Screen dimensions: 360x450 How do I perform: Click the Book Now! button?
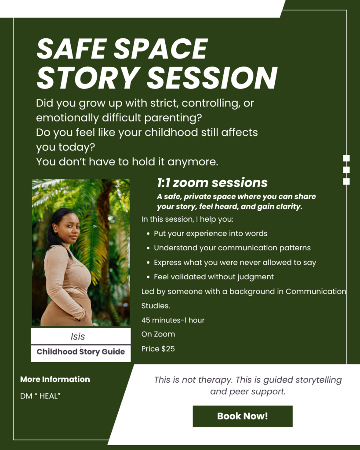tap(242, 416)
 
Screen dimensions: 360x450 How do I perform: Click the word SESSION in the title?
tap(212, 78)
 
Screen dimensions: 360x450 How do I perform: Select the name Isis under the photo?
tap(78, 337)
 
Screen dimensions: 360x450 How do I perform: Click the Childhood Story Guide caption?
tap(80, 352)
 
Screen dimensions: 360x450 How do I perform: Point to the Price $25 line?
tap(158, 349)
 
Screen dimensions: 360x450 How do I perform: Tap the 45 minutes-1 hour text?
tap(173, 320)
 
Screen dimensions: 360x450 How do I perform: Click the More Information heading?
tap(55, 380)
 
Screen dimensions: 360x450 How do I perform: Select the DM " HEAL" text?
tap(40, 396)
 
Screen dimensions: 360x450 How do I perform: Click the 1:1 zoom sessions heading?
tap(212, 183)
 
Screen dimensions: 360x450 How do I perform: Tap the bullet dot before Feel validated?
tap(148, 277)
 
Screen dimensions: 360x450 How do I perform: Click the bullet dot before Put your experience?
tap(148, 234)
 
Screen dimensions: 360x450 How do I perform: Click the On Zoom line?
tap(158, 334)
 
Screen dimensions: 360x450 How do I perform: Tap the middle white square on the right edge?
tap(346, 170)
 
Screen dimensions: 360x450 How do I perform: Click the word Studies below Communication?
tap(156, 306)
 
